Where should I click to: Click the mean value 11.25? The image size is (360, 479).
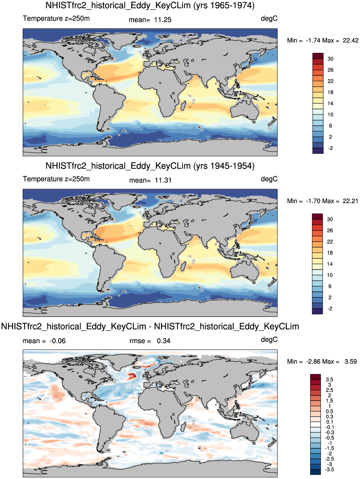163,20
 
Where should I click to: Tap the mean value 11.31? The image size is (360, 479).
163,180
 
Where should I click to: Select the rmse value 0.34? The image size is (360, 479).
164,341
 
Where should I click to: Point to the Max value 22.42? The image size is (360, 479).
350,40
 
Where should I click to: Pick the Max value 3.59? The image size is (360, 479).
350,361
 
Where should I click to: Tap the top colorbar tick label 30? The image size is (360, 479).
330,59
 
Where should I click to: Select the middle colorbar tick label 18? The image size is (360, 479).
330,253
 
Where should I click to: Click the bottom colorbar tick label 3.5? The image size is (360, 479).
329,380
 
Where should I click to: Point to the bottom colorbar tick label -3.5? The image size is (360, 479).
329,469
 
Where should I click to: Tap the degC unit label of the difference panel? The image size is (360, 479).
269,340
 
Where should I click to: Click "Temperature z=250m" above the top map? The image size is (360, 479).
56,18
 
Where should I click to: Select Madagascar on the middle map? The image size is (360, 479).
183,266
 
